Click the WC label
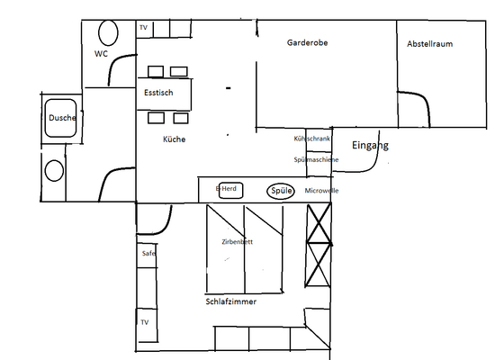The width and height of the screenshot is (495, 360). coord(101,55)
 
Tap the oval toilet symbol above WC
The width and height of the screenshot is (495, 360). coord(108,33)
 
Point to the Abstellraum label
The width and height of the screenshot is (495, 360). coord(429,42)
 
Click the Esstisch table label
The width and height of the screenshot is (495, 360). coord(165,93)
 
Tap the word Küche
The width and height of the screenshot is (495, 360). coord(175,139)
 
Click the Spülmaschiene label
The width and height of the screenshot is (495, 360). coord(316,159)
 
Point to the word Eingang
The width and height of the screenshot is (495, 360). coord(369,146)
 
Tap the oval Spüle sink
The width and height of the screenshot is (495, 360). coord(280,191)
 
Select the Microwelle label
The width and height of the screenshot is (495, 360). coord(321,191)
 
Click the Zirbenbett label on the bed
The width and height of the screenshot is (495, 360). coord(237,243)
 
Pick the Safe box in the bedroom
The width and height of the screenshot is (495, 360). coord(148,254)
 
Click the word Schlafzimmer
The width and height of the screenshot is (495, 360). coord(231,302)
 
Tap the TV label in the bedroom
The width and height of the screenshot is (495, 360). coord(143,321)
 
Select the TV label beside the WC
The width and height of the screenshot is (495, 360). coord(143,28)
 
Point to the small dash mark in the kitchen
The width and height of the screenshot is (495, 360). coord(229,88)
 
